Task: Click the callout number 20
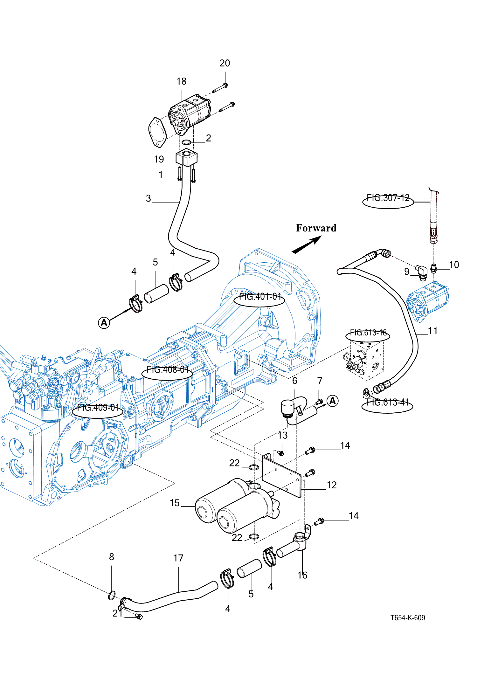[225, 63]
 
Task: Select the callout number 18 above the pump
[181, 81]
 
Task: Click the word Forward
[316, 228]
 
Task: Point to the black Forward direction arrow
[307, 245]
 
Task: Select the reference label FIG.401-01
[260, 297]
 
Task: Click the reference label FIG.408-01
[168, 369]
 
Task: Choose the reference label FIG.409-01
[98, 408]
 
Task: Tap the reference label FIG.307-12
[388, 198]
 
